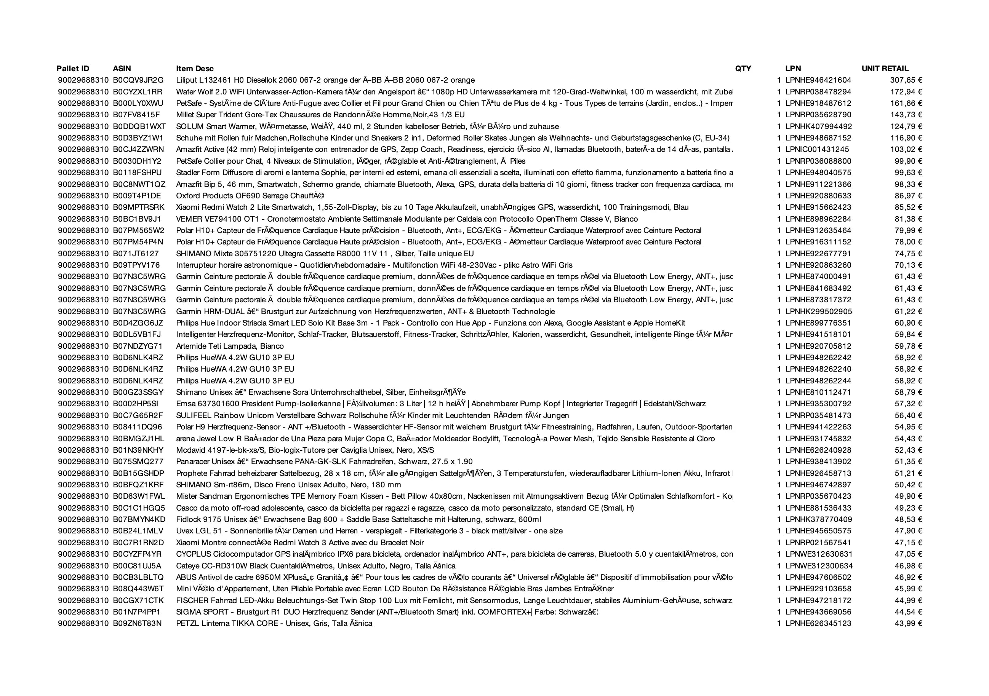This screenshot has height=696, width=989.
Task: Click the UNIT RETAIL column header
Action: pyautogui.click(x=885, y=69)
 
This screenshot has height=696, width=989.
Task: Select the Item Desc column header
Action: pyautogui.click(x=195, y=69)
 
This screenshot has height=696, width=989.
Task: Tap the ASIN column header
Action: pyautogui.click(x=122, y=69)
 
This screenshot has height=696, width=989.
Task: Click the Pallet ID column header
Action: pyautogui.click(x=73, y=69)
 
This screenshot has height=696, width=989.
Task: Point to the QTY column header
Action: pyautogui.click(x=743, y=69)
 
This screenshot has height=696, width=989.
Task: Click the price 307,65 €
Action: pyautogui.click(x=906, y=80)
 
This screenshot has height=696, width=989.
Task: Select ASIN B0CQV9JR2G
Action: pyautogui.click(x=138, y=80)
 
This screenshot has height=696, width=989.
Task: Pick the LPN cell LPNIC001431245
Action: pyautogui.click(x=817, y=149)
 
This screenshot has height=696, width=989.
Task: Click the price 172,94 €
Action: pyautogui.click(x=906, y=92)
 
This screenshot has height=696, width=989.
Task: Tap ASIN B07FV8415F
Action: pyautogui.click(x=136, y=115)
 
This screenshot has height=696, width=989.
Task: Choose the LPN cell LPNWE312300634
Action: pyautogui.click(x=818, y=565)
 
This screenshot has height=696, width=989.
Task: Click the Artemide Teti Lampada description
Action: pyautogui.click(x=230, y=346)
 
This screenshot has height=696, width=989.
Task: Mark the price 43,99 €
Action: pyautogui.click(x=908, y=623)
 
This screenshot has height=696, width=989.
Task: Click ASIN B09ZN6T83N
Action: pyautogui.click(x=138, y=623)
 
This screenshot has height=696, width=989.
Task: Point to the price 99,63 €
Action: pyautogui.click(x=908, y=172)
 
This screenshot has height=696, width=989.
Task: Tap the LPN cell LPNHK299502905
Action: pyautogui.click(x=818, y=311)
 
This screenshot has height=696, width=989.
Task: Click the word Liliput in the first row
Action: pyautogui.click(x=186, y=80)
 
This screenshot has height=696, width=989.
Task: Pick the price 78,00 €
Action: pyautogui.click(x=908, y=242)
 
